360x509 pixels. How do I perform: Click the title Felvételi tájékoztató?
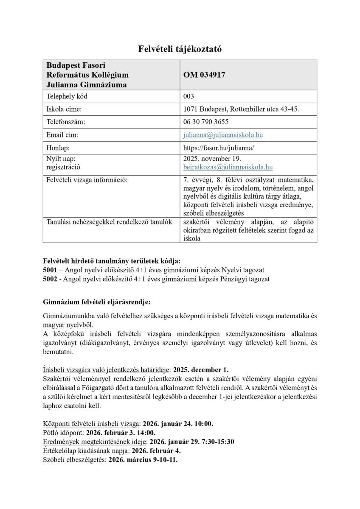[180, 49]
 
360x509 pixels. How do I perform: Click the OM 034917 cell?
[204, 75]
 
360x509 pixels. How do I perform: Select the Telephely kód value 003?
[188, 96]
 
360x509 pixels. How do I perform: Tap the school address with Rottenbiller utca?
[241, 109]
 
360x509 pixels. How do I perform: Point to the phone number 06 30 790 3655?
[206, 122]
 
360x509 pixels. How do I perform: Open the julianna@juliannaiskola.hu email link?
[223, 135]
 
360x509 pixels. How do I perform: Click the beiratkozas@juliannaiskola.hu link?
[228, 168]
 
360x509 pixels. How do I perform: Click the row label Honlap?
[58, 148]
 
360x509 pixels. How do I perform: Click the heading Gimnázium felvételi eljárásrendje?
[97, 302]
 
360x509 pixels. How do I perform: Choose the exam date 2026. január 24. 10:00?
[178, 423]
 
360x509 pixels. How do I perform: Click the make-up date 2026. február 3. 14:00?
[121, 433]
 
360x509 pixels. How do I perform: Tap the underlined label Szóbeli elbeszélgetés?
[74, 459]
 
